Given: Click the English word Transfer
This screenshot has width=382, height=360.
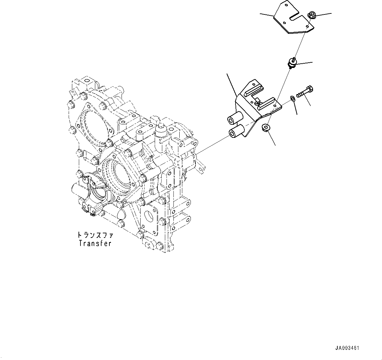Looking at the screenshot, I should pos(95,244).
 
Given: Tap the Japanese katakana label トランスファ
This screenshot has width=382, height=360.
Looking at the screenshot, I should pos(95,235).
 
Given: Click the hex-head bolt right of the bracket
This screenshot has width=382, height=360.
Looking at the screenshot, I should pos(305,92).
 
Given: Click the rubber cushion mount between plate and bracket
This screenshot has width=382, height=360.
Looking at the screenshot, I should pos(292,63).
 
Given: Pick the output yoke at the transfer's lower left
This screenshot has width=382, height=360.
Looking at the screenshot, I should pos(90,192).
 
